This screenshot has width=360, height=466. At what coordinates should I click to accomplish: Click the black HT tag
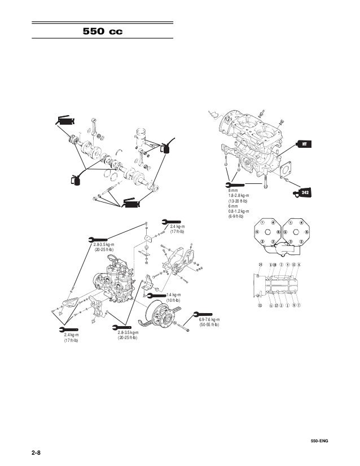pos(304,145)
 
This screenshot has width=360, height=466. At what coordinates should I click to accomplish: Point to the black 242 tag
pos(304,193)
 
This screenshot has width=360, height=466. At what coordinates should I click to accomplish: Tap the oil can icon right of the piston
pos(167,148)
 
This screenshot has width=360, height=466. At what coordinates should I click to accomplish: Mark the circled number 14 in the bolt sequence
pos(260,264)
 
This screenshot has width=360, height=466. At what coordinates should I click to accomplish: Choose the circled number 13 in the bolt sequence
pos(260,306)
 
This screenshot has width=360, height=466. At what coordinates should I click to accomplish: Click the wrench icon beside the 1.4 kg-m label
pos(157,294)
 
